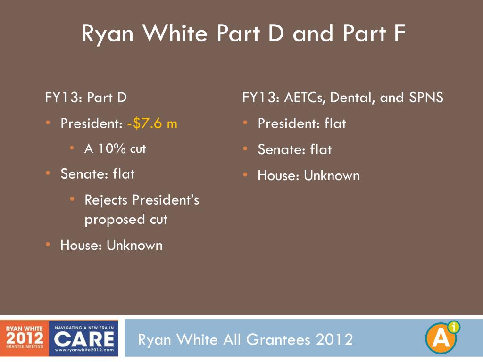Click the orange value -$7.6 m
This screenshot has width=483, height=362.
click(x=152, y=124)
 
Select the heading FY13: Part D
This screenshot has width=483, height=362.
click(x=86, y=98)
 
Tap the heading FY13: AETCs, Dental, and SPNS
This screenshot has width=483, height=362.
click(x=343, y=98)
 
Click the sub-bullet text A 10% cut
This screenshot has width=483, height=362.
click(x=115, y=149)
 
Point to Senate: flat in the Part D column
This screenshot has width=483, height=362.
click(x=97, y=174)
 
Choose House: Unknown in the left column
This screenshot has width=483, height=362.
click(x=111, y=246)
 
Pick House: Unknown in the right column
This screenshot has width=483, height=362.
click(x=308, y=176)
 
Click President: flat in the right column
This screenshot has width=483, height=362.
click(x=301, y=124)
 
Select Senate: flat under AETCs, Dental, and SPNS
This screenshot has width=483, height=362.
click(x=294, y=150)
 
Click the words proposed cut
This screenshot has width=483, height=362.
click(x=126, y=220)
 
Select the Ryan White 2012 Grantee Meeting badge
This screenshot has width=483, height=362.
click(x=25, y=338)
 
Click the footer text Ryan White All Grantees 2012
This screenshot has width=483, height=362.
click(x=245, y=339)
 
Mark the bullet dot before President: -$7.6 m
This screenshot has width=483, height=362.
click(x=49, y=123)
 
